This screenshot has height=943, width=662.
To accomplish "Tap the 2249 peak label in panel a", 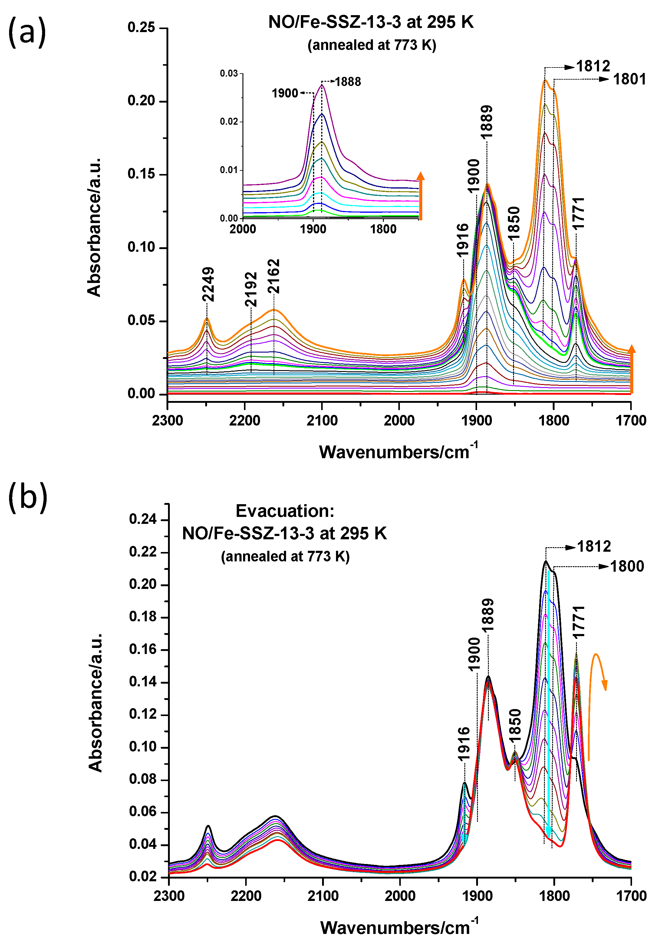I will click(x=208, y=284).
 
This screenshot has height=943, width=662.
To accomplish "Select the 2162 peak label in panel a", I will click(x=274, y=276).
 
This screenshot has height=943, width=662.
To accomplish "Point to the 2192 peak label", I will click(x=251, y=289).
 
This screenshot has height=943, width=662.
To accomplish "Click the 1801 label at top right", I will click(x=629, y=79).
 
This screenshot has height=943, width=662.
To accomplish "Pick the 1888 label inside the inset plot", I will click(x=347, y=82).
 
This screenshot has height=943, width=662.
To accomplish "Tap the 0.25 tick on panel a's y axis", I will click(x=141, y=28).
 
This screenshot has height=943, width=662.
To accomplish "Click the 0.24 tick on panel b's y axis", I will click(x=143, y=519).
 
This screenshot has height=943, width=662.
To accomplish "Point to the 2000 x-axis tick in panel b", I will click(x=400, y=895).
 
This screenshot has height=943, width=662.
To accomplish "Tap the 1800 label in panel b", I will click(x=627, y=567).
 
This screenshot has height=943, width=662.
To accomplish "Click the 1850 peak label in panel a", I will click(x=514, y=223).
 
